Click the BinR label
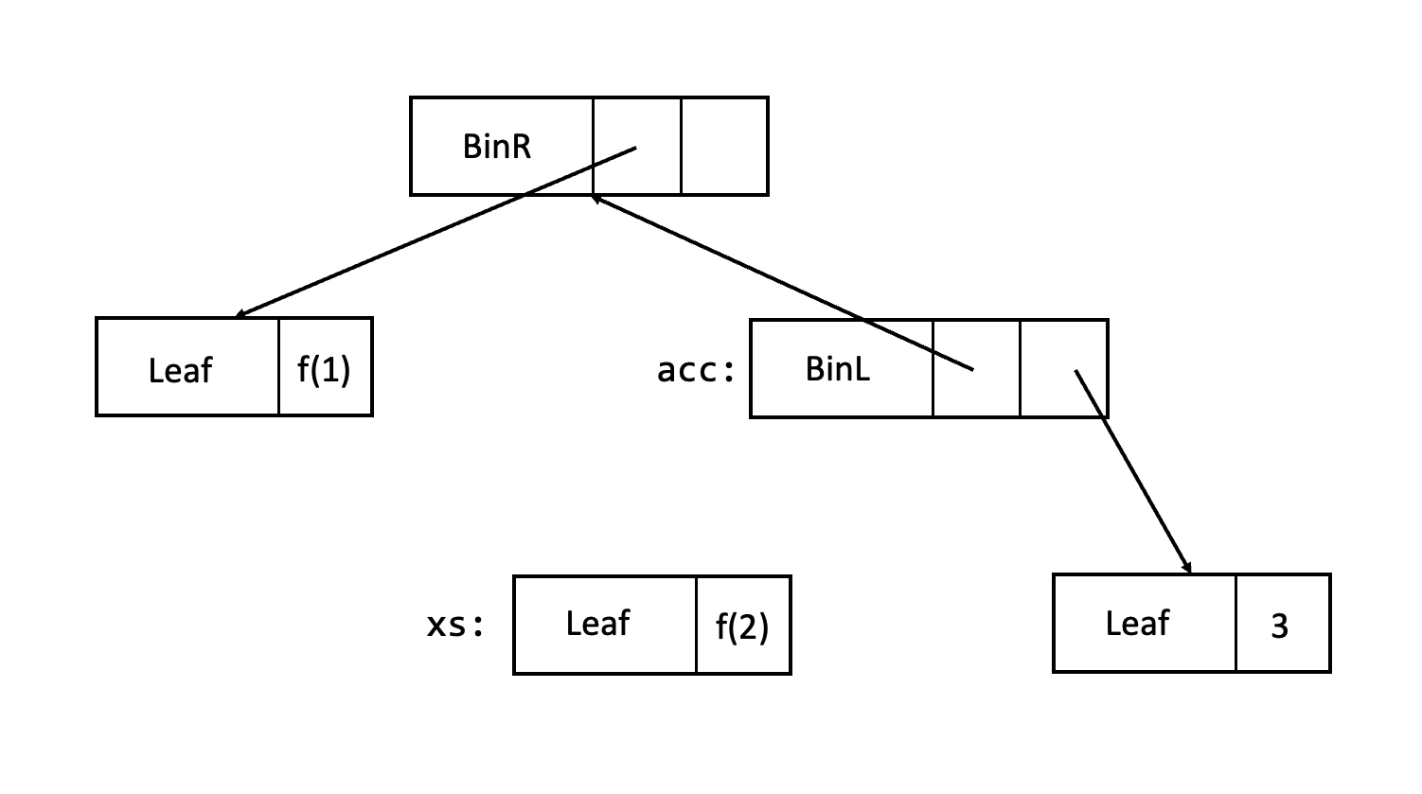pyautogui.click(x=497, y=147)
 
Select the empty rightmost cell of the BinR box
pyautogui.click(x=724, y=147)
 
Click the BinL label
pyautogui.click(x=837, y=368)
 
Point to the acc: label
pyautogui.click(x=696, y=370)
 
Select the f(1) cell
pyautogui.click(x=325, y=368)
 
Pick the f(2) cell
pyautogui.click(x=742, y=626)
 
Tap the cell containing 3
pyautogui.click(x=1280, y=625)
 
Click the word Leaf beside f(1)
pyautogui.click(x=180, y=369)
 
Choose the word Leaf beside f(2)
pyautogui.click(x=597, y=624)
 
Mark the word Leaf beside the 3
pyautogui.click(x=1137, y=624)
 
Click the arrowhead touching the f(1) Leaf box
pyautogui.click(x=240, y=315)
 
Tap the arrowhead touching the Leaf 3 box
pyautogui.click(x=1187, y=569)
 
